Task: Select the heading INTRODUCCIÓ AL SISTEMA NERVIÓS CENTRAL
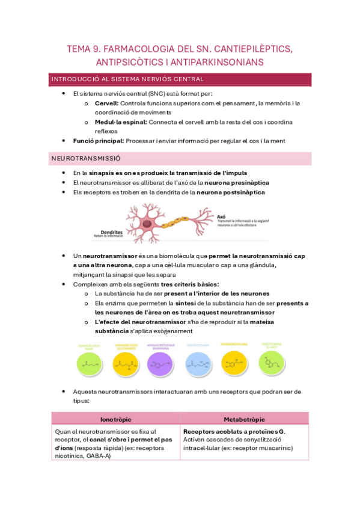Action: coord(128,79)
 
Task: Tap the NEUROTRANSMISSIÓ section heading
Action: coord(87,158)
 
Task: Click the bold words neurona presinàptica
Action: coord(237,182)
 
